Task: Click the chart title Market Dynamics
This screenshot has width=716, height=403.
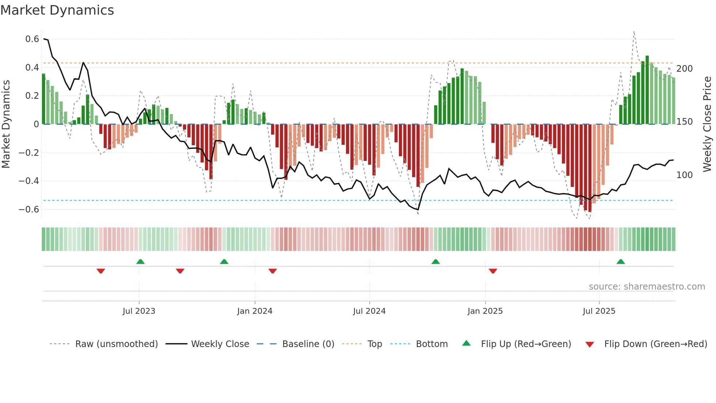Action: pyautogui.click(x=57, y=10)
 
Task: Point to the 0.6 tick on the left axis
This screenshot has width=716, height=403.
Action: pyautogui.click(x=32, y=39)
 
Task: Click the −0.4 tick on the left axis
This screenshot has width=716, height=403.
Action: pyautogui.click(x=29, y=181)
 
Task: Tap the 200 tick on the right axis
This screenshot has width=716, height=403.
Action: pyautogui.click(x=684, y=69)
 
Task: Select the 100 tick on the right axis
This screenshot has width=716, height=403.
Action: pyautogui.click(x=684, y=175)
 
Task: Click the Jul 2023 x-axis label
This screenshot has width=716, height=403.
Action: pyautogui.click(x=139, y=311)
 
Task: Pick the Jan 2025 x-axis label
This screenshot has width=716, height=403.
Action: pyautogui.click(x=485, y=311)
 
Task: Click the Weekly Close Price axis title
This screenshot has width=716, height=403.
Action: pyautogui.click(x=707, y=124)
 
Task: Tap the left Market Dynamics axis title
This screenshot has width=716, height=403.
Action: pyautogui.click(x=6, y=124)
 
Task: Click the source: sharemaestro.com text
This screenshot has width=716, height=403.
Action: pyautogui.click(x=647, y=287)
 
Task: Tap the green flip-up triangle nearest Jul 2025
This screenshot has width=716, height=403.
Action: pyautogui.click(x=621, y=262)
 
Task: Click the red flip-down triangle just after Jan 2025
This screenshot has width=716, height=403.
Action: pyautogui.click(x=493, y=271)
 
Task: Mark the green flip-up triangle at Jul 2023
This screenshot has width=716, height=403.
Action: pyautogui.click(x=140, y=262)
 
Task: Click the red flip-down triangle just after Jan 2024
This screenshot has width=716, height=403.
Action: pyautogui.click(x=273, y=271)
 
